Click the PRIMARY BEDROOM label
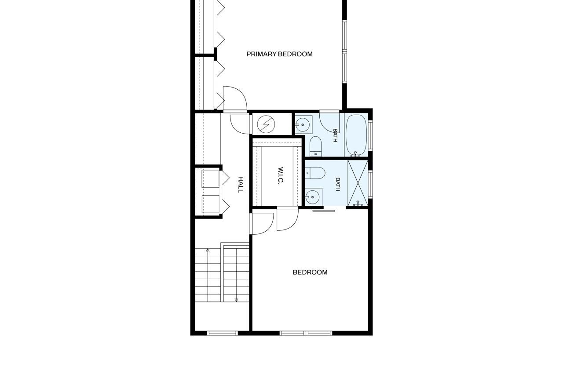pyautogui.click(x=279, y=54)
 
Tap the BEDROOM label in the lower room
pyautogui.click(x=310, y=272)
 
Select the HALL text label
pyautogui.click(x=241, y=185)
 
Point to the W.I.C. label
pyautogui.click(x=281, y=175)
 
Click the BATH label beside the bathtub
pyautogui.click(x=335, y=135)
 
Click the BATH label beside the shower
pyautogui.click(x=337, y=184)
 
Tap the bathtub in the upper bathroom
pyautogui.click(x=356, y=135)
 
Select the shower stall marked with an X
pyautogui.click(x=358, y=183)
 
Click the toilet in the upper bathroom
pyautogui.click(x=315, y=146)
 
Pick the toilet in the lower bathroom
pyautogui.click(x=315, y=173)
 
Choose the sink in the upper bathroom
pyautogui.click(x=303, y=124)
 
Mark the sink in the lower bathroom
pyautogui.click(x=313, y=197)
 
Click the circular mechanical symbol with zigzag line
pyautogui.click(x=266, y=124)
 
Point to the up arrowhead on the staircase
pyautogui.click(x=208, y=250)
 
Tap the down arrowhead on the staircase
pyautogui.click(x=236, y=300)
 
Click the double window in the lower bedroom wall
pyautogui.click(x=306, y=333)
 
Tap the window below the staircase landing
pyautogui.click(x=223, y=333)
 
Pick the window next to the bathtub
pyautogui.click(x=370, y=135)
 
